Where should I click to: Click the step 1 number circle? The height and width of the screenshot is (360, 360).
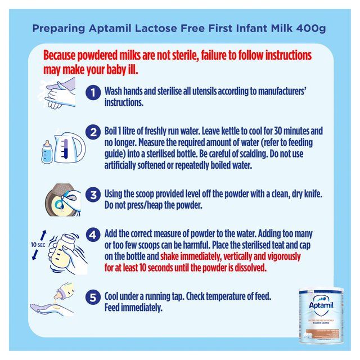tap(93, 92)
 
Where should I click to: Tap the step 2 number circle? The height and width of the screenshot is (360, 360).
tap(93, 133)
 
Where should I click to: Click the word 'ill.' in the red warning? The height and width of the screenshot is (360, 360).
tap(130, 71)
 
